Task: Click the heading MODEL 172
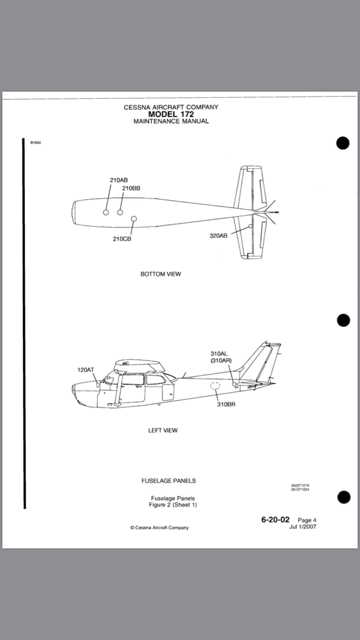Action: click(x=171, y=114)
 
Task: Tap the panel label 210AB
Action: click(x=119, y=180)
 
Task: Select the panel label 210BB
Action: click(x=131, y=189)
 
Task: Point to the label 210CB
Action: click(x=122, y=239)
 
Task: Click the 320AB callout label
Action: click(x=218, y=236)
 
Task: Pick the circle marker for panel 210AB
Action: click(x=106, y=213)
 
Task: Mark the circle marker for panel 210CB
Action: click(x=134, y=219)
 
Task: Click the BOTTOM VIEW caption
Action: click(x=160, y=274)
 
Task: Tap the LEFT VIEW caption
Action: click(x=163, y=430)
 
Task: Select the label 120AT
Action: click(x=86, y=370)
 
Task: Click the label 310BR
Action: click(x=226, y=404)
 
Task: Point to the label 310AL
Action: click(x=219, y=354)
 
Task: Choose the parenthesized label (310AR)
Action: click(x=220, y=360)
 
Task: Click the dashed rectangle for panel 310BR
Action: click(x=215, y=386)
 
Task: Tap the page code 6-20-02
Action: click(x=276, y=520)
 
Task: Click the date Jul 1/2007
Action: click(x=303, y=526)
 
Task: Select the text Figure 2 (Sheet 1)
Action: click(x=173, y=505)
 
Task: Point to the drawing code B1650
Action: click(x=36, y=142)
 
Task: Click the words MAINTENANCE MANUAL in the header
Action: click(x=171, y=121)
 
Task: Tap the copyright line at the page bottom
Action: click(x=159, y=528)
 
